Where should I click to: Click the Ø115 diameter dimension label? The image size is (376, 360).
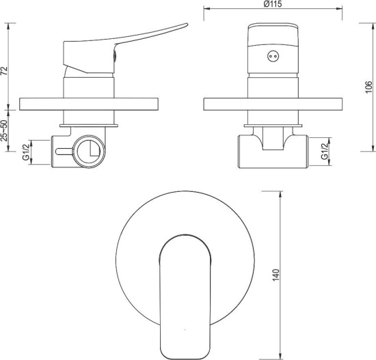click(273, 4)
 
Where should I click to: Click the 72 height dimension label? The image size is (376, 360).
click(5, 71)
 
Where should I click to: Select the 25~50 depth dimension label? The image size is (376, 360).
click(5, 131)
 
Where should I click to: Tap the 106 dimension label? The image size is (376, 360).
click(369, 87)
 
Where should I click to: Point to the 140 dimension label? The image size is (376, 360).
click(276, 275)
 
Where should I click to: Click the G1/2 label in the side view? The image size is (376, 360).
click(26, 151)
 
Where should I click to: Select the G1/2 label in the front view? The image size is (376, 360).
click(324, 151)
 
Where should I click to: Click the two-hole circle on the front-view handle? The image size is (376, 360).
click(273, 56)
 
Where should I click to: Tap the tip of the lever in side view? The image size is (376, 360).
click(187, 24)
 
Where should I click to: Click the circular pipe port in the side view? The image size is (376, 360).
click(89, 151)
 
